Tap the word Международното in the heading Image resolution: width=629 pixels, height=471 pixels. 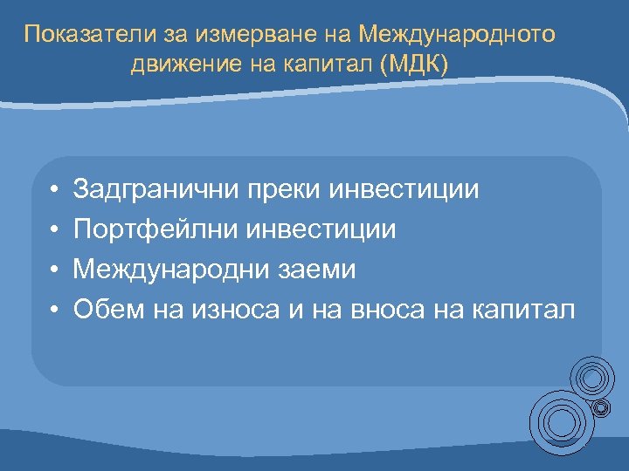(x=457, y=35)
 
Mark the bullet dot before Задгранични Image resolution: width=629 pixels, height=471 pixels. (x=53, y=190)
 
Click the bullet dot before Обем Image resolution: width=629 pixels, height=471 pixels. (x=53, y=310)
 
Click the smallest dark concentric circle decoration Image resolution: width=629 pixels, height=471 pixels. (x=601, y=407)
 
